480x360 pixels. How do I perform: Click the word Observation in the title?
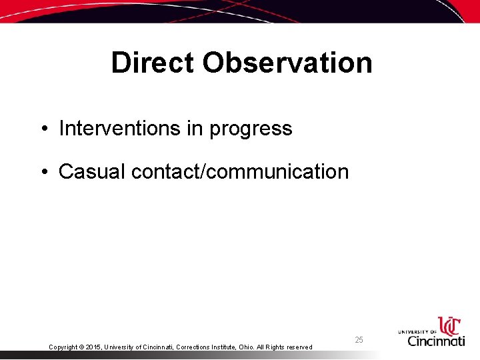point(287,63)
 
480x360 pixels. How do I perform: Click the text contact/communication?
point(240,171)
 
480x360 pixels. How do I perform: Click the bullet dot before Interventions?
point(43,129)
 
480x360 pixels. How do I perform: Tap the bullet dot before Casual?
point(43,172)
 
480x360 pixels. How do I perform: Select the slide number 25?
point(359,340)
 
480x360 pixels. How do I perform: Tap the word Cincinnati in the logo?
point(436,341)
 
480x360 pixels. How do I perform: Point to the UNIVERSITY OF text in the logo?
point(417,331)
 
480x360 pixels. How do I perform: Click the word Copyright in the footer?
point(63,347)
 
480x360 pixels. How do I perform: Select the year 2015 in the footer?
point(94,347)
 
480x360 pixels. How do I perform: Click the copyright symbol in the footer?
point(81,347)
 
